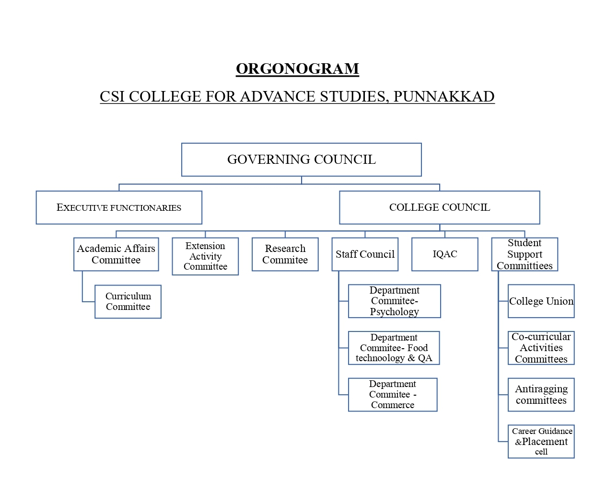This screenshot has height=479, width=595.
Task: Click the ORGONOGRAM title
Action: click(x=297, y=69)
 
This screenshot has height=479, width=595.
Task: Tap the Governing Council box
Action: click(x=301, y=160)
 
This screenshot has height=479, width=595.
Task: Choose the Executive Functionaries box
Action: click(x=119, y=207)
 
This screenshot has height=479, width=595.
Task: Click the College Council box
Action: click(x=439, y=207)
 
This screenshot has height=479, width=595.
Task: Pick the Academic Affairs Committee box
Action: click(x=116, y=254)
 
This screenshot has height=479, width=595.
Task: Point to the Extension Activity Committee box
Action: click(x=205, y=256)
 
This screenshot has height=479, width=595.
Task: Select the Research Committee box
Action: click(x=285, y=254)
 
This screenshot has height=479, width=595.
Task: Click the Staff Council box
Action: click(x=365, y=254)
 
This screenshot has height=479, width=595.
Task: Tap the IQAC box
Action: click(x=444, y=254)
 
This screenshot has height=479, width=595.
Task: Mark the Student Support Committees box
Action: click(x=525, y=254)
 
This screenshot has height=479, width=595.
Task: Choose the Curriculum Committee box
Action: click(x=128, y=302)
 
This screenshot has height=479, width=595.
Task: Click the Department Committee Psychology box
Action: click(x=394, y=301)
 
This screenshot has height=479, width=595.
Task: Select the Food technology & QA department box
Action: click(x=394, y=348)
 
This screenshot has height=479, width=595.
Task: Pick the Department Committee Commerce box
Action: click(x=393, y=395)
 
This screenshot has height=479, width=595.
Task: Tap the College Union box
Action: click(x=541, y=301)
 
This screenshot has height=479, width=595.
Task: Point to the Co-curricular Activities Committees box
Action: click(x=541, y=348)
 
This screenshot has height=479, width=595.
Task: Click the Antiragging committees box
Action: click(x=541, y=395)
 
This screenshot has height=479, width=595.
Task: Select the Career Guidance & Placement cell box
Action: click(x=541, y=442)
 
